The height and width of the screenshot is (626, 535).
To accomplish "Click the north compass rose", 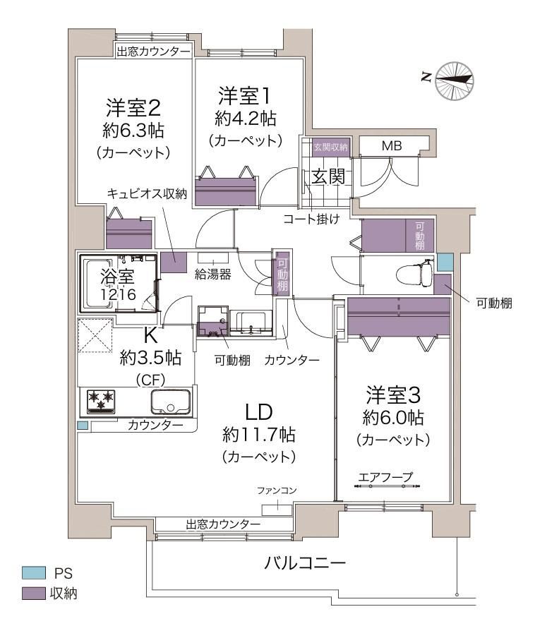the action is [x=455, y=80].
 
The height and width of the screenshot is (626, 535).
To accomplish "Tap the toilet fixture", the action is [x=415, y=275].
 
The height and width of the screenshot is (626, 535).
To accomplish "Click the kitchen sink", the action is [x=171, y=402].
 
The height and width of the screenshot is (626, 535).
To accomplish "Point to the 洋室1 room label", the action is [x=244, y=96].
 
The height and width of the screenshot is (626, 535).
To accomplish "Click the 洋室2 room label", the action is [x=133, y=107].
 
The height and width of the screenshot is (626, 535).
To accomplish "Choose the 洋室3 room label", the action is [x=393, y=395].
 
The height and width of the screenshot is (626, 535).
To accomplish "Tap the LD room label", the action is [x=259, y=412].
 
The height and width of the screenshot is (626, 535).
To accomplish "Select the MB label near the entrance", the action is [x=392, y=146].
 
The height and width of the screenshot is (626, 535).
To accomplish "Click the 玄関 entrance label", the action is [x=327, y=176].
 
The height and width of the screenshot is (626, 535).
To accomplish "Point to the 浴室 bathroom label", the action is [x=117, y=276].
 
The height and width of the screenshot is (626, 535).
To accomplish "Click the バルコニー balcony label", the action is [x=305, y=563].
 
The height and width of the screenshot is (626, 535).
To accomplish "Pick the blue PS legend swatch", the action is [x=34, y=573].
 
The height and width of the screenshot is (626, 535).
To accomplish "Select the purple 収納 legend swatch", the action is [x=34, y=593].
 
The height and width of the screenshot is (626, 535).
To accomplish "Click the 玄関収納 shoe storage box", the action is [x=330, y=148].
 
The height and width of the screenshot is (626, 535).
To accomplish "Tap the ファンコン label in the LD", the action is [x=277, y=490].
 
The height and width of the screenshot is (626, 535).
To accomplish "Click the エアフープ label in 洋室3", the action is [x=385, y=477].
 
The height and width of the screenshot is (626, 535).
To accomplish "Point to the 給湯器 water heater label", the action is [x=213, y=275].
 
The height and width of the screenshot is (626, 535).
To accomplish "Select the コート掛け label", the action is [x=311, y=219].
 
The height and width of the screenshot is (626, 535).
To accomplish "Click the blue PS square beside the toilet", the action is [x=445, y=262].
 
